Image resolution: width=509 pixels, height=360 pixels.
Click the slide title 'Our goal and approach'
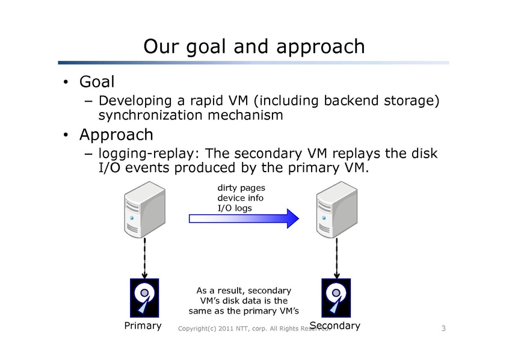coord(254,46)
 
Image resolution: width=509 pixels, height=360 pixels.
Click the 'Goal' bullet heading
coord(97,81)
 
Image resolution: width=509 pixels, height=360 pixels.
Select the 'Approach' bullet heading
coord(116,134)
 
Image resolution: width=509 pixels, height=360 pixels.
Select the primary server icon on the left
coord(144,212)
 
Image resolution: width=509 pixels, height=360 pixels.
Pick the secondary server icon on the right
coord(336,212)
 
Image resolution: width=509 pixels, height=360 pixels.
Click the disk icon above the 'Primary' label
coord(144,297)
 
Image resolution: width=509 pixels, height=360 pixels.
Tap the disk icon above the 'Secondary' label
coord(336,297)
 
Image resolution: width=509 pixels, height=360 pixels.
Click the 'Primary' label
coord(143,326)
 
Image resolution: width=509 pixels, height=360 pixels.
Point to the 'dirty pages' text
coord(241,188)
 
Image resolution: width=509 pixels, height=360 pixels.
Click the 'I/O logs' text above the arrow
coord(235,208)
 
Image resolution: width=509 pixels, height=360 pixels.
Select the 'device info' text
coord(240,198)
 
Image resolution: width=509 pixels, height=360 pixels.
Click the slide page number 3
coord(443,328)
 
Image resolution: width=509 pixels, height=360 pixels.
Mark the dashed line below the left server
coord(145,258)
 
